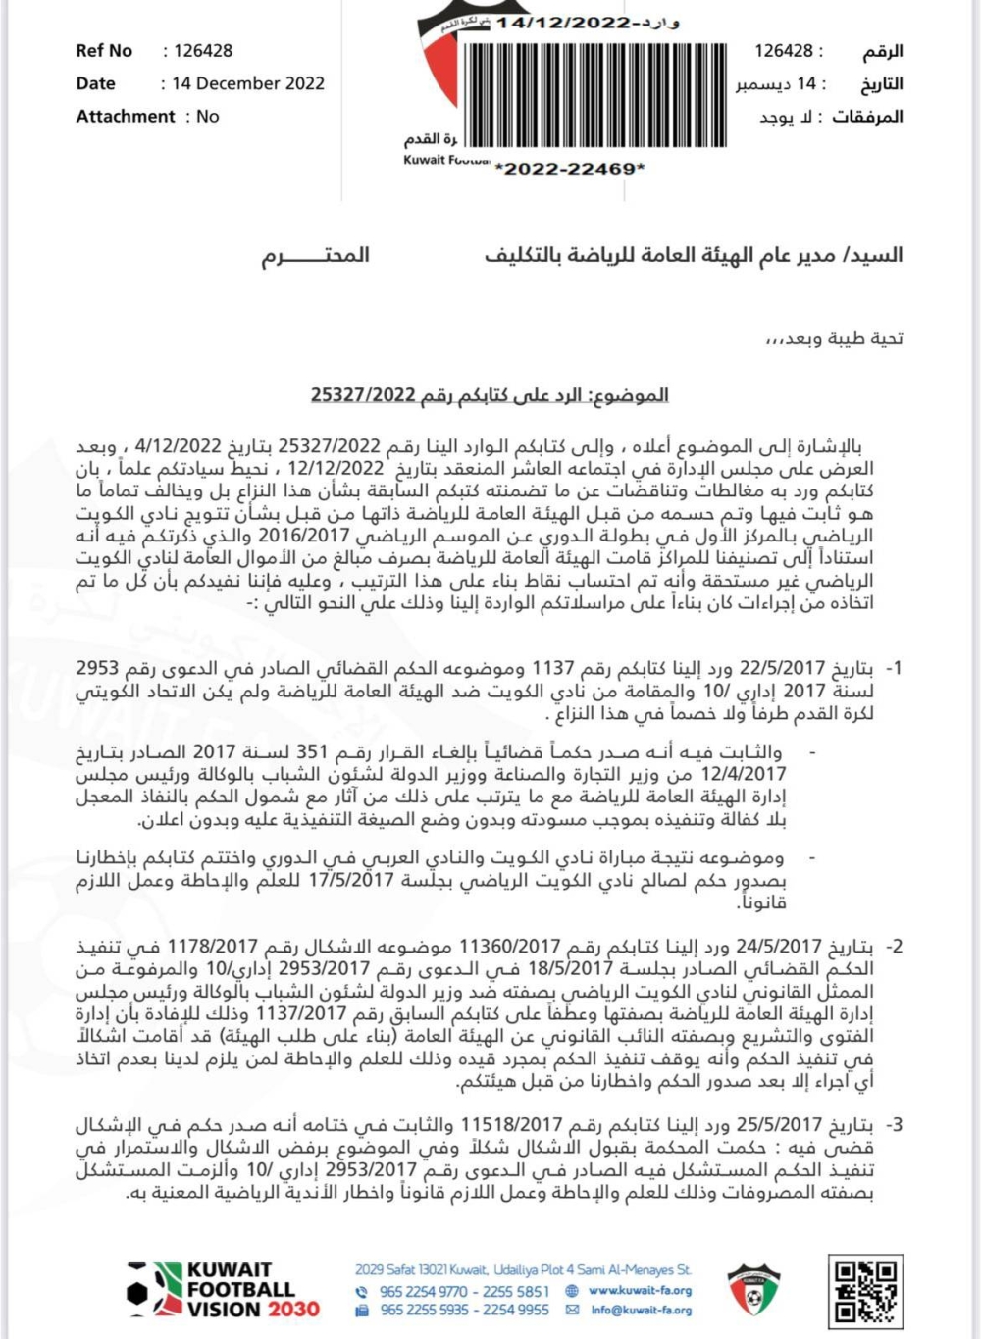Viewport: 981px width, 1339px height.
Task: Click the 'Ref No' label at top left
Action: [104, 51]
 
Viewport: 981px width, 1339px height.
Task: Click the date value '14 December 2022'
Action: [247, 83]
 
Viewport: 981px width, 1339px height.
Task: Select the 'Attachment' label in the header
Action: [126, 116]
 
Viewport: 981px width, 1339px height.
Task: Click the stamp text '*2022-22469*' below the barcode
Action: [570, 169]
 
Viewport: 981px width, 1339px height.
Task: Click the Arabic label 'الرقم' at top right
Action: [882, 51]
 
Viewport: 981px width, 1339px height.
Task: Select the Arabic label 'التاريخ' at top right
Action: [881, 83]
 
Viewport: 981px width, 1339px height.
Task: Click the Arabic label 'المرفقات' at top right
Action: [867, 116]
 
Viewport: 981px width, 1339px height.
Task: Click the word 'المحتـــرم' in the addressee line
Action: [315, 255]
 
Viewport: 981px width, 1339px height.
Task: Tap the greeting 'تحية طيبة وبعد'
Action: [834, 338]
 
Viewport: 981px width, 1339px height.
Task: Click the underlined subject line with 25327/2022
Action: [490, 395]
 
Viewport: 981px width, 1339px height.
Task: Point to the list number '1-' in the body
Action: [893, 668]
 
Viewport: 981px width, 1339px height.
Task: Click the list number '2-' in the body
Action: [893, 947]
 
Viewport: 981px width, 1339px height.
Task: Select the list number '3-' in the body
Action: [893, 1125]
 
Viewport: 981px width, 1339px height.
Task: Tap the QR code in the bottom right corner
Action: [865, 1289]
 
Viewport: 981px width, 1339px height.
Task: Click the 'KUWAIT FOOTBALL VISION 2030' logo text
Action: [240, 1289]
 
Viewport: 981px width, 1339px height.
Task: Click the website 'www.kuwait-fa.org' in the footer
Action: [640, 1291]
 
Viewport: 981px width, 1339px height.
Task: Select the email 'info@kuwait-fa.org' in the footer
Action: [641, 1310]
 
